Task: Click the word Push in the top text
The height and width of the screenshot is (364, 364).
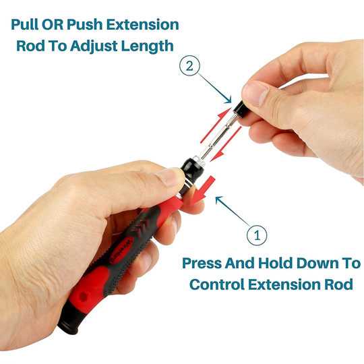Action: pos(95,25)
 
